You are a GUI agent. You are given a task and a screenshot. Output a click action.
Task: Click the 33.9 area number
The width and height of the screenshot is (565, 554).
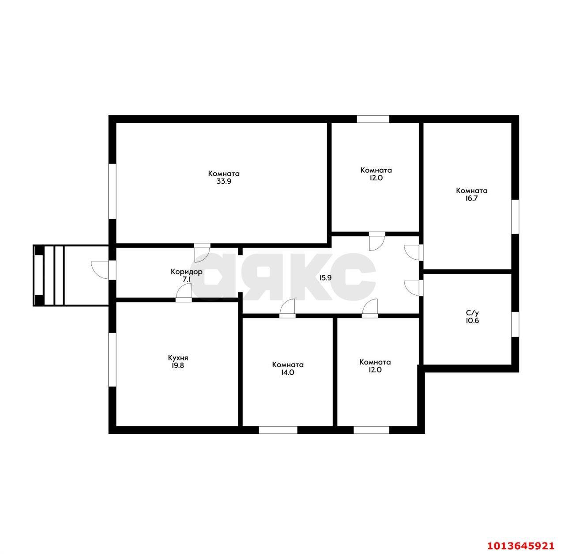point(224,181)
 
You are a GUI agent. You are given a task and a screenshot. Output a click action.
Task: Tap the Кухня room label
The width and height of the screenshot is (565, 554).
point(178,358)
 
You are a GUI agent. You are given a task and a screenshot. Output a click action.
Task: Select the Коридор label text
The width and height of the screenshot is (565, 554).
point(186,272)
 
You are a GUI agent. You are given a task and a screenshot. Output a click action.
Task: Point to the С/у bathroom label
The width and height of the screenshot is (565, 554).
point(472,313)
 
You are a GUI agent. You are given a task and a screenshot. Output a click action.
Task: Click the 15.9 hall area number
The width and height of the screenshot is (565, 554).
point(325,278)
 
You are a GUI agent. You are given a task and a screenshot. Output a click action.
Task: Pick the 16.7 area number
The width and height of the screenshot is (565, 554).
point(471,198)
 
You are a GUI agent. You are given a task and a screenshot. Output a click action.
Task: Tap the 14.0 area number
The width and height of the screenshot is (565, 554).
point(287,372)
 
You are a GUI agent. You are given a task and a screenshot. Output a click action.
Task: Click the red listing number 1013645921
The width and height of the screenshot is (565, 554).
point(521,546)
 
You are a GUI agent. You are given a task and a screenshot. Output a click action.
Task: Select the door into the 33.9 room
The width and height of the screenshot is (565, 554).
point(202,253)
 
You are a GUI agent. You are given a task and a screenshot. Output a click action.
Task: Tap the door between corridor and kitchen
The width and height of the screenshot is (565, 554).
point(184,292)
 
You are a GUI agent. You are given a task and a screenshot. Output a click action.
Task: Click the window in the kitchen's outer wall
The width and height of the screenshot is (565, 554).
point(113,360)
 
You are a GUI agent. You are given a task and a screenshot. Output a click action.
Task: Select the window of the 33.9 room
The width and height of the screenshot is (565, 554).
point(113,191)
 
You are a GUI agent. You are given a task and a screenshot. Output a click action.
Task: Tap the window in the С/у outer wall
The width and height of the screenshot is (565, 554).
point(515,324)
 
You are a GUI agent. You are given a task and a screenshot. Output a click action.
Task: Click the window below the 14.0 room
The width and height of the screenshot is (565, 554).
point(278,430)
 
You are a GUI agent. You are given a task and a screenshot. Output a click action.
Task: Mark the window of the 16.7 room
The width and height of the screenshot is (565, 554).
point(515,216)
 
